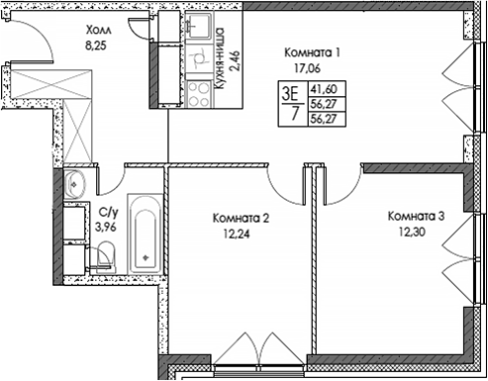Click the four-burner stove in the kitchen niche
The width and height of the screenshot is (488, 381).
click(x=199, y=94)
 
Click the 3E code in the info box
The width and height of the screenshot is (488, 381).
click(x=290, y=93)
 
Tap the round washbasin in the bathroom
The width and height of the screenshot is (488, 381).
click(x=75, y=185)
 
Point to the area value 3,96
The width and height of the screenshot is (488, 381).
click(x=104, y=226)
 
